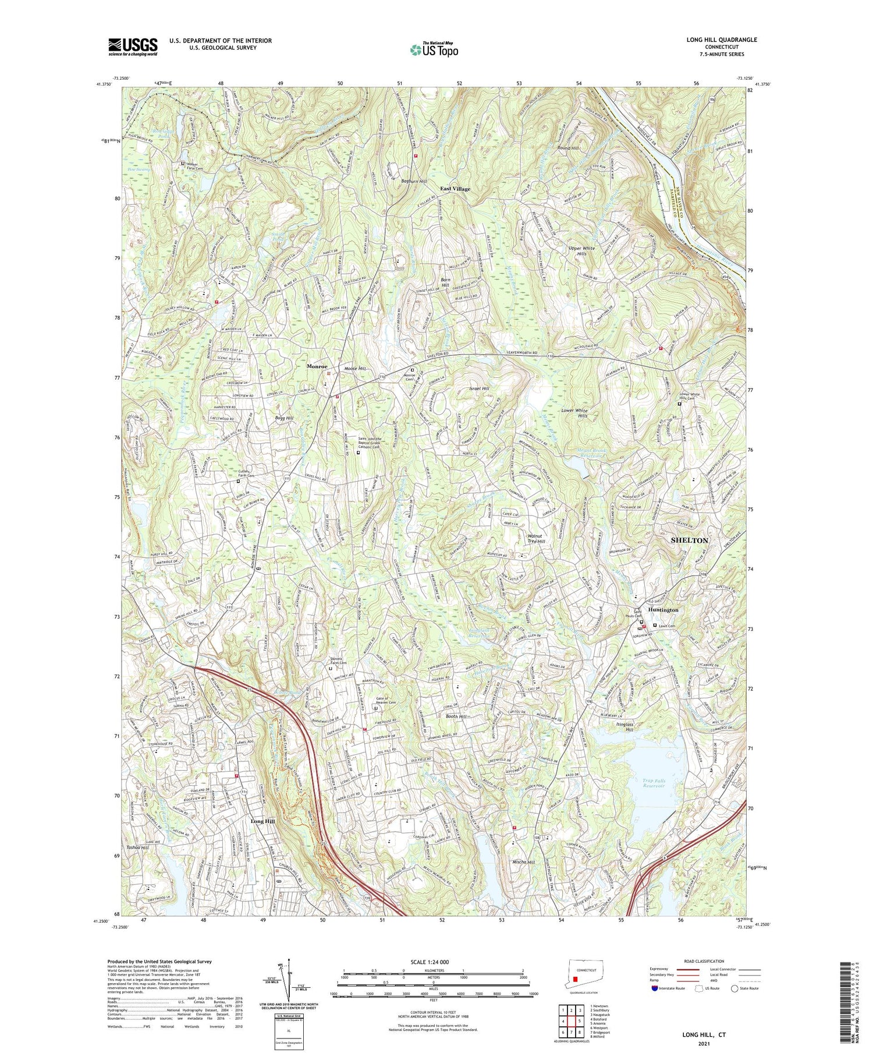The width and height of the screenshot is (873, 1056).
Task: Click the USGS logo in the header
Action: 133,47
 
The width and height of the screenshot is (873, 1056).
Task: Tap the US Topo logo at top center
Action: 434,50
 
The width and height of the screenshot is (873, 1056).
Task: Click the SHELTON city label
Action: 690,540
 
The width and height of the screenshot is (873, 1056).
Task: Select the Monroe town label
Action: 320,367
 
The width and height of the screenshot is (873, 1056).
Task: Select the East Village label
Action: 455,189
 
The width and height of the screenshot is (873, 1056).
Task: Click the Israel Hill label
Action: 478,388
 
